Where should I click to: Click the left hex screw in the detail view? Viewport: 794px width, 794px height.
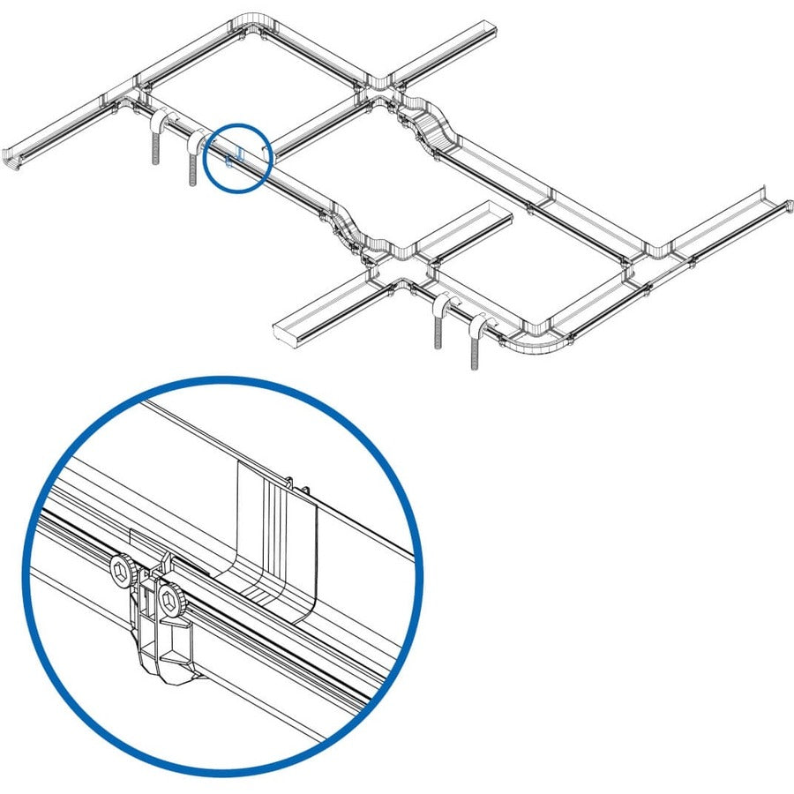tap(121, 573)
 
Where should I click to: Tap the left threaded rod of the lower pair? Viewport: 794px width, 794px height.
tap(438, 326)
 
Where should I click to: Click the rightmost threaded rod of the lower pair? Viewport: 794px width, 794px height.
tap(476, 344)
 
